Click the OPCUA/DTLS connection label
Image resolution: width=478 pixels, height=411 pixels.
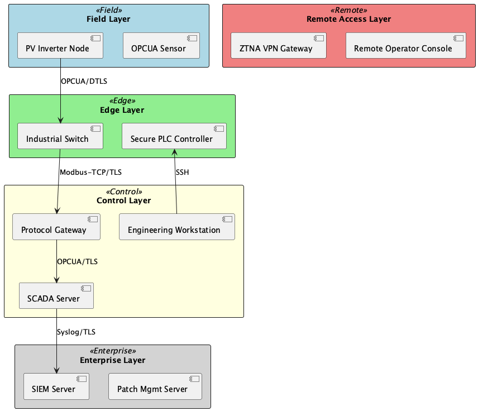[x=84, y=81]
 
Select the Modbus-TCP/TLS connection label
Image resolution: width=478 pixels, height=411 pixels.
[x=90, y=172]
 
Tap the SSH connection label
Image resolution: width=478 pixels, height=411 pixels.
[x=182, y=172]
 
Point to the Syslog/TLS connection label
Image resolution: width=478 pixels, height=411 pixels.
[x=76, y=332]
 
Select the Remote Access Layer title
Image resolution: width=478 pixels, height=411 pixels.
[x=348, y=19]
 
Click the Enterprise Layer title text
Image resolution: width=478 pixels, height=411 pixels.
[x=112, y=360]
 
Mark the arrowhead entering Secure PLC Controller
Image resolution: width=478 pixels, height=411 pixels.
[x=174, y=152]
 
